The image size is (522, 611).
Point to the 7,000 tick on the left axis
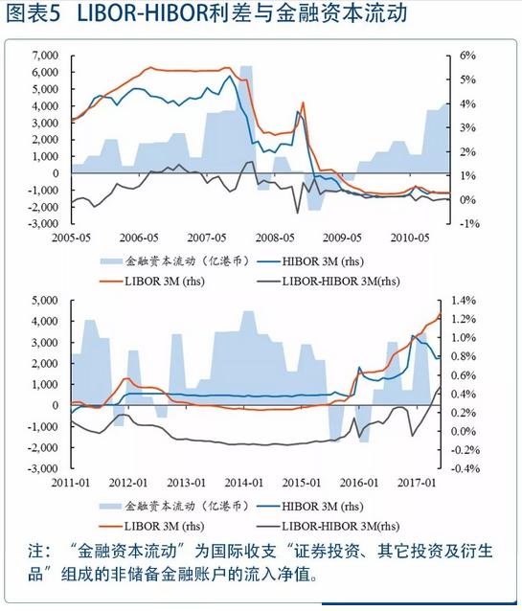coord(44,56)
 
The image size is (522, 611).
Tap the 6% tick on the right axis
coord(467,56)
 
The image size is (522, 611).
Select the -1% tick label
coord(468,223)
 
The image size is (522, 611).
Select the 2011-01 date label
coord(72,483)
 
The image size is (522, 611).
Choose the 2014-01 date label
coord(244,483)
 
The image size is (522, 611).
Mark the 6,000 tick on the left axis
coord(44,73)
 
